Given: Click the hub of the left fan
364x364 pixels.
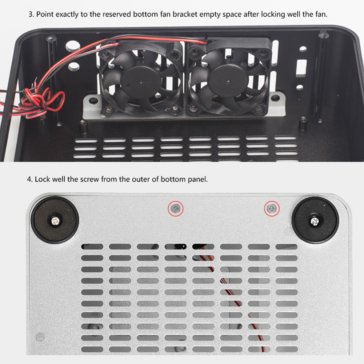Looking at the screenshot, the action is [141, 83].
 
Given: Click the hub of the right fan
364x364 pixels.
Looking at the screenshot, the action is [228, 81].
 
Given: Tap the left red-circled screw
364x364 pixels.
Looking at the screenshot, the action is [176, 208].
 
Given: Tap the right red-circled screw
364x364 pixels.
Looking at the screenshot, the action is [272, 208].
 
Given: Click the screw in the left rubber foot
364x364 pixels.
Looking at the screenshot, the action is [55, 221].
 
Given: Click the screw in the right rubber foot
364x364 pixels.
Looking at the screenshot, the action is [315, 221].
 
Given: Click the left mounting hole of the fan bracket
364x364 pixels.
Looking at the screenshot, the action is [93, 100].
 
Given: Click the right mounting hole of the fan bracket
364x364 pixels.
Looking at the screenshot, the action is [275, 98].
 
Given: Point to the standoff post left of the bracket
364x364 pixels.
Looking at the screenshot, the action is [84, 127].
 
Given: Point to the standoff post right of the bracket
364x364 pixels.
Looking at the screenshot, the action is [303, 123].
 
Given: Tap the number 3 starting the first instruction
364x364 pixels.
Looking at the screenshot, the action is [31, 15].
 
